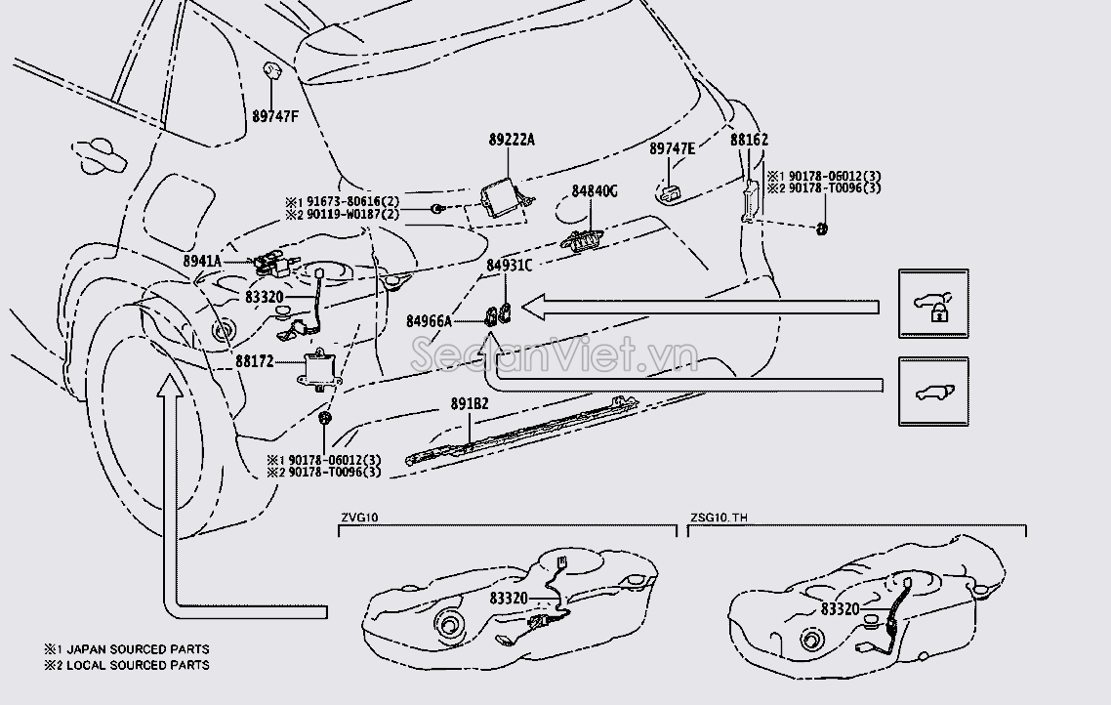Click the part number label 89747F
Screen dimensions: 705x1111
click(x=276, y=115)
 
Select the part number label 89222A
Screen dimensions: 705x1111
click(x=512, y=141)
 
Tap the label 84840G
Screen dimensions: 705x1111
click(x=595, y=191)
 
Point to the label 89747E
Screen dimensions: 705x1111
click(x=673, y=148)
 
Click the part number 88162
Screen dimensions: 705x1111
click(x=749, y=141)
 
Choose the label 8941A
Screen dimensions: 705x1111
click(x=203, y=262)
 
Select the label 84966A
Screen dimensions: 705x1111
click(x=430, y=320)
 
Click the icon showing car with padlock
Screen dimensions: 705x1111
click(x=933, y=305)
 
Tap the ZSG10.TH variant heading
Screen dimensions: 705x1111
click(x=719, y=518)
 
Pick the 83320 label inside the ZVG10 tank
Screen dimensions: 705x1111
click(x=509, y=598)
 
